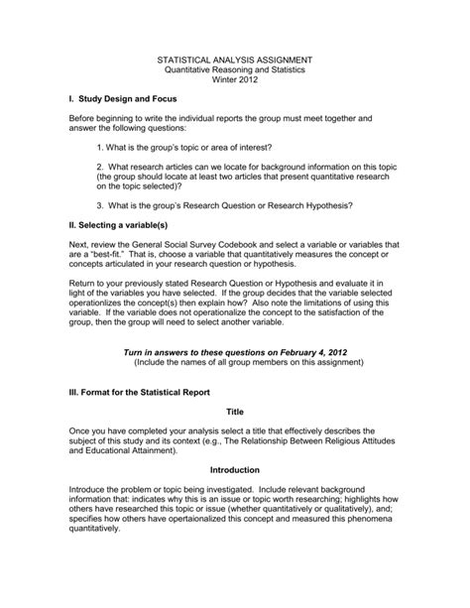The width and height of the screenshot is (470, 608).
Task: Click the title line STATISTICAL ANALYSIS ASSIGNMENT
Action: tap(234, 60)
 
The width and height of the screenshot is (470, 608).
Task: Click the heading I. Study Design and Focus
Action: tap(125, 102)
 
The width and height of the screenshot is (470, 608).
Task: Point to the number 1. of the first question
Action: tap(102, 146)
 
